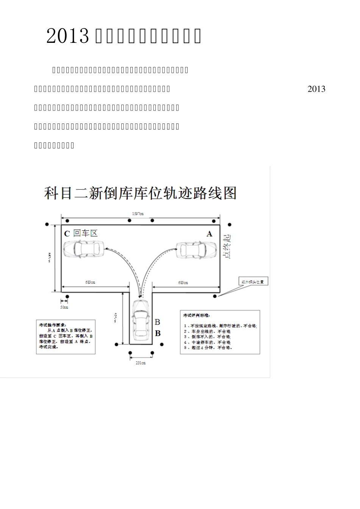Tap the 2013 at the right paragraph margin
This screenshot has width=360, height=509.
pyautogui.click(x=316, y=89)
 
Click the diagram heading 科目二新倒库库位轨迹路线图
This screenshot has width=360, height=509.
pyautogui.click(x=140, y=193)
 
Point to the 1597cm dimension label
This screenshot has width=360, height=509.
pyautogui.click(x=138, y=214)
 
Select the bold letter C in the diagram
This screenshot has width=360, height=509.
pyautogui.click(x=67, y=234)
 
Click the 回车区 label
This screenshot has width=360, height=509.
pyautogui.click(x=85, y=233)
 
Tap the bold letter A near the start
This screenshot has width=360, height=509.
pyautogui.click(x=209, y=234)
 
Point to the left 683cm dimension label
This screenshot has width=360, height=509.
pyautogui.click(x=90, y=282)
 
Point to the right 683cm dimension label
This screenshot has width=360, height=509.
pyautogui.click(x=183, y=283)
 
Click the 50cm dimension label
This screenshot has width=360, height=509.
pyautogui.click(x=64, y=307)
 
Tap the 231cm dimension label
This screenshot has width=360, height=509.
pyautogui.click(x=141, y=363)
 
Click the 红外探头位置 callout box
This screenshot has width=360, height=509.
pyautogui.click(x=254, y=281)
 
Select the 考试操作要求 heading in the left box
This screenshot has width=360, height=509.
pyautogui.click(x=53, y=325)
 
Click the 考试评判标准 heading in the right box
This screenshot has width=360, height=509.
pyautogui.click(x=196, y=315)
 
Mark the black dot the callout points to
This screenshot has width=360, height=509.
pyautogui.click(x=215, y=296)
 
